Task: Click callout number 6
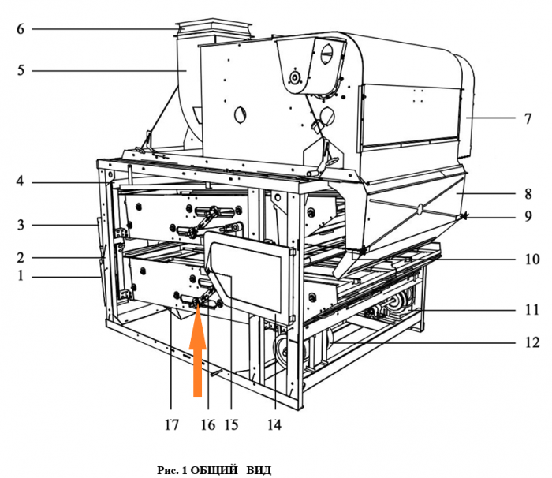coord(21,29)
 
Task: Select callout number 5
coord(21,70)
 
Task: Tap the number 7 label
coord(528,118)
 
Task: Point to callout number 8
coord(528,193)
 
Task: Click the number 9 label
coord(528,216)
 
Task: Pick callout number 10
coord(532,260)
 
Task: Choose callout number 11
coord(532,310)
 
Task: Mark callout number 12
coord(532,342)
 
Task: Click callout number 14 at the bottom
coord(274,425)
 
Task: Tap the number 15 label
coord(231,425)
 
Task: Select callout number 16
coord(208,425)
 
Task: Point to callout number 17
coord(171,425)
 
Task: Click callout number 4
coord(20,181)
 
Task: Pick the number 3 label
coord(21,224)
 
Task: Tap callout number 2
coord(21,257)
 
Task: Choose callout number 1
coord(21,275)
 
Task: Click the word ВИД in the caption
coord(259,470)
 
